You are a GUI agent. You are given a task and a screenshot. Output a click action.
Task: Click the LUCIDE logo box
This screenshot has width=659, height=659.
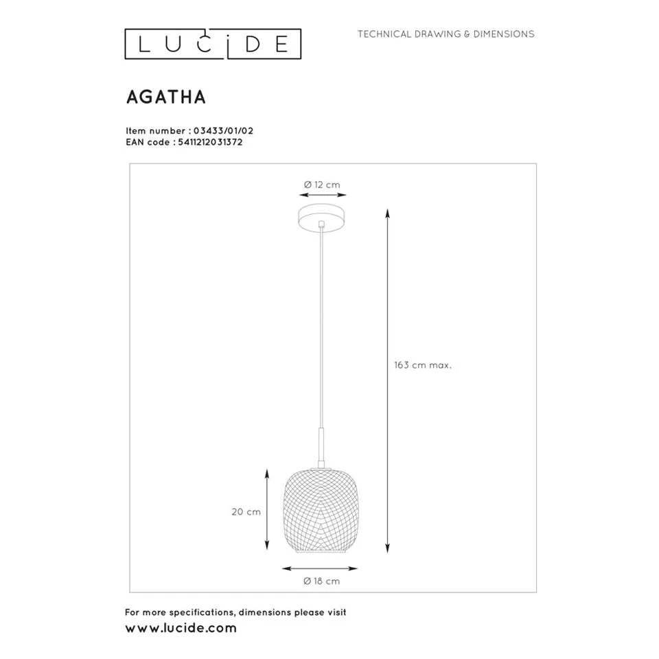point(213,43)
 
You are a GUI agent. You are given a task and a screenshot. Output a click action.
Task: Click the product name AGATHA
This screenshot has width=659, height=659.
point(165,97)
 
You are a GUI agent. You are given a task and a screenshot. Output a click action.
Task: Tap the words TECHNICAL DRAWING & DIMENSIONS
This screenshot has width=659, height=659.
point(446,34)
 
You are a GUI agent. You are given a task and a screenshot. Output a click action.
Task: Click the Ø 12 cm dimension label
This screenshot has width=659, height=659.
point(322,185)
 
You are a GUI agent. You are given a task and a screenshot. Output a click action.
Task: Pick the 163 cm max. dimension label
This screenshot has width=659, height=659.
point(422,366)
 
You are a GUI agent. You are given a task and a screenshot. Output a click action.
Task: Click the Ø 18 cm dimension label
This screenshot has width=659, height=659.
point(321,581)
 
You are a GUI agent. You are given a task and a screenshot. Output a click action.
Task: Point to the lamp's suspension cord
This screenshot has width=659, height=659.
point(321,329)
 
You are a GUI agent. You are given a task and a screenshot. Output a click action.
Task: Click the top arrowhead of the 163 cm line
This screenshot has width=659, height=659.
point(387,210)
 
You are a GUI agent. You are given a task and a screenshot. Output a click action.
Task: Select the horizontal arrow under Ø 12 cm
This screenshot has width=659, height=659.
point(321,196)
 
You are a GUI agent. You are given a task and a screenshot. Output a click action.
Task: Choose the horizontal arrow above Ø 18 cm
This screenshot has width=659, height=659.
point(321,568)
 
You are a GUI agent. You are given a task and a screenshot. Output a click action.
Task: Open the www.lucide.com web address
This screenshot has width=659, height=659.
point(181,627)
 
